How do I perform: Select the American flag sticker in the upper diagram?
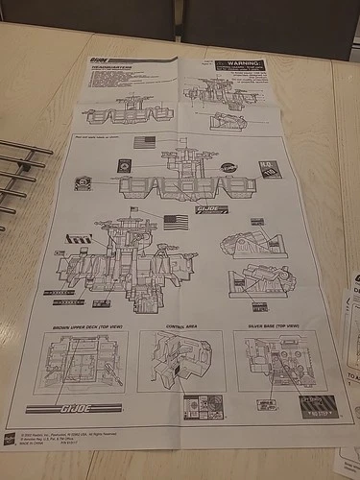145,141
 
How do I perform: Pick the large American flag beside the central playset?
176,221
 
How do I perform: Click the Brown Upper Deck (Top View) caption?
82,327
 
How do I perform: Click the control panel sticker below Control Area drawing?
204,405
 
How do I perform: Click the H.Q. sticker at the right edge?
270,169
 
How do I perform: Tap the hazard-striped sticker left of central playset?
79,238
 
